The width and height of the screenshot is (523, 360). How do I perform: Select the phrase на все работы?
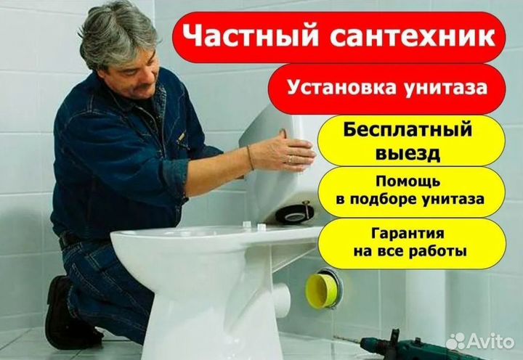coord(411,253)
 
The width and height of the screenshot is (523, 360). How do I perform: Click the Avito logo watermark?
coord(480,340)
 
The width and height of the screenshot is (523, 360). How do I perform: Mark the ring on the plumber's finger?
coord(290,158)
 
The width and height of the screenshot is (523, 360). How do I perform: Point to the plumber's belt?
coord(69,240)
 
